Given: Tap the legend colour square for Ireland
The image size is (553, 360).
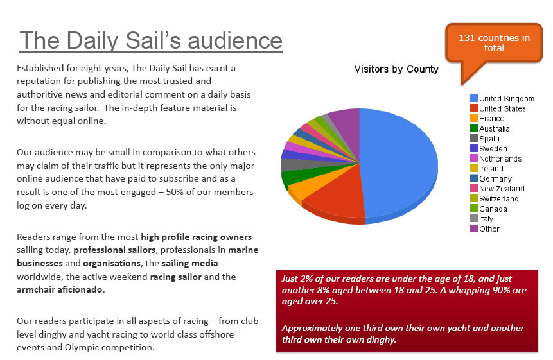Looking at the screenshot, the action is tap(474, 168).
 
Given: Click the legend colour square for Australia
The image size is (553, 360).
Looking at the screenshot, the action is tap(474, 128).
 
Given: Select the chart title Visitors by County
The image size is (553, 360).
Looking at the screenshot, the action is tap(396, 69).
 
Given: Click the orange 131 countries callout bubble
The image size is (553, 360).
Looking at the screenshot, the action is tap(494, 43).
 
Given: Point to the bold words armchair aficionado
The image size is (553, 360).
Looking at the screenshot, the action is tap(60, 289).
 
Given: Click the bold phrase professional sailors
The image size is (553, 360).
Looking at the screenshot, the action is tap(114, 250).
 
